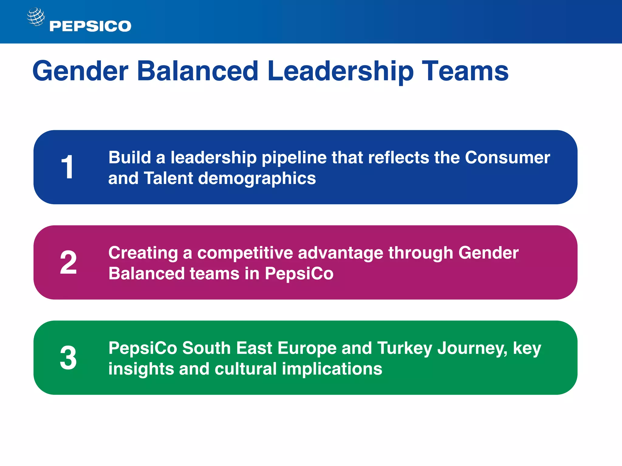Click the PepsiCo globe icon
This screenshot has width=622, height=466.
[36, 17]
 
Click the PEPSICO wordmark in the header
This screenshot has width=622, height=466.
[90, 26]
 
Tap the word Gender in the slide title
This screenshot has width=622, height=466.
[80, 71]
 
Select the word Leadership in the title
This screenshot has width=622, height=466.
[340, 71]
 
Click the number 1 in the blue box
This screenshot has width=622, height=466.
[67, 167]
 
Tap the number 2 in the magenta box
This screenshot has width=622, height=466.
[68, 262]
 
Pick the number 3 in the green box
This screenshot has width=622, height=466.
[68, 358]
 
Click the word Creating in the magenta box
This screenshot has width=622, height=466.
[143, 253]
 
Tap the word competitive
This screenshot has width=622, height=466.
[245, 253]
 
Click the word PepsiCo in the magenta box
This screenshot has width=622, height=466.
[299, 274]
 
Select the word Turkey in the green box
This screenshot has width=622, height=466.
[404, 348]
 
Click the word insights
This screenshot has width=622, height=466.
[141, 369]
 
